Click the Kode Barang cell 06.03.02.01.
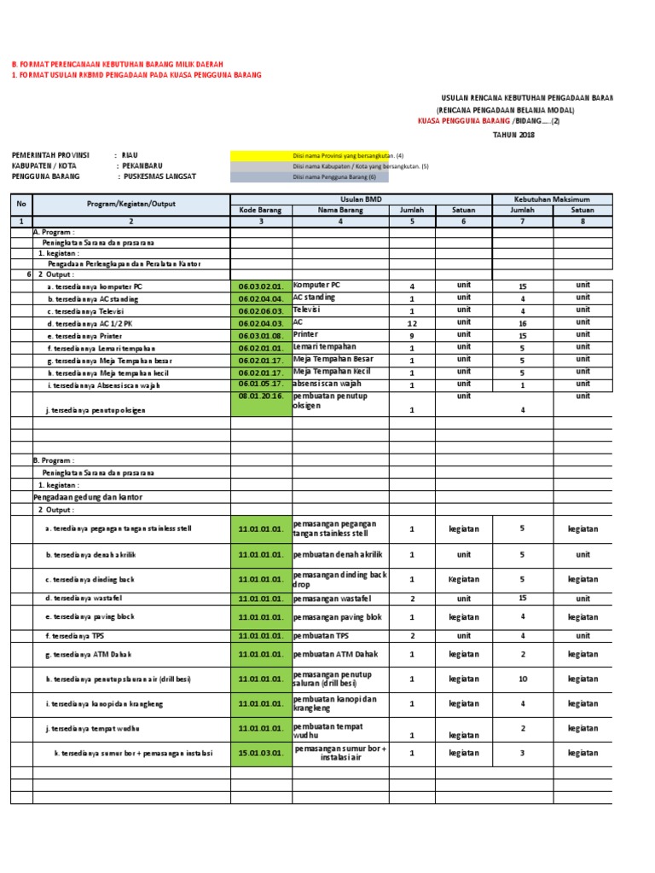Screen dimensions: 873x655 (x=261, y=286)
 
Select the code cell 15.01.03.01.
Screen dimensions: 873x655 (x=261, y=754)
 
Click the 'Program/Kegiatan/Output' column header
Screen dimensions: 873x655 (x=131, y=205)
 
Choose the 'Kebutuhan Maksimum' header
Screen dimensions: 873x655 (x=551, y=199)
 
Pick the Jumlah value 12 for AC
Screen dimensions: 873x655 (x=412, y=324)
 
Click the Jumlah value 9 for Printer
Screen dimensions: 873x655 (x=412, y=336)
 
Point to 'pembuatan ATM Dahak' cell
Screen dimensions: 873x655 (x=335, y=655)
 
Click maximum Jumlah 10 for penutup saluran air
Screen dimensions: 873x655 (x=523, y=679)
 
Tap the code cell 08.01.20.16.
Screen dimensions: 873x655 (x=261, y=397)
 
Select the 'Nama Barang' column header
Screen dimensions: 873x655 (x=340, y=210)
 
